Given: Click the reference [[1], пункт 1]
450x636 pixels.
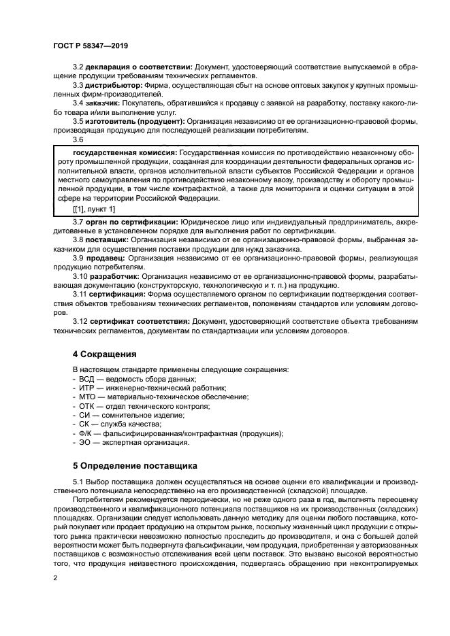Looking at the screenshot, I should pos(94,209).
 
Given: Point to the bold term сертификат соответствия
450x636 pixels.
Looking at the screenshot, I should pos(140,320).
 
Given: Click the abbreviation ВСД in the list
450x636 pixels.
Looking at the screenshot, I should pos(86,379).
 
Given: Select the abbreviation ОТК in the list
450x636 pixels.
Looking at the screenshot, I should pos(86,406).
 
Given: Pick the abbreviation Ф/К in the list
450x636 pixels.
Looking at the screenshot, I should pos(86,433).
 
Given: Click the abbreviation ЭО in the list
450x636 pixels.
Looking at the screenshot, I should pos(84,442).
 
